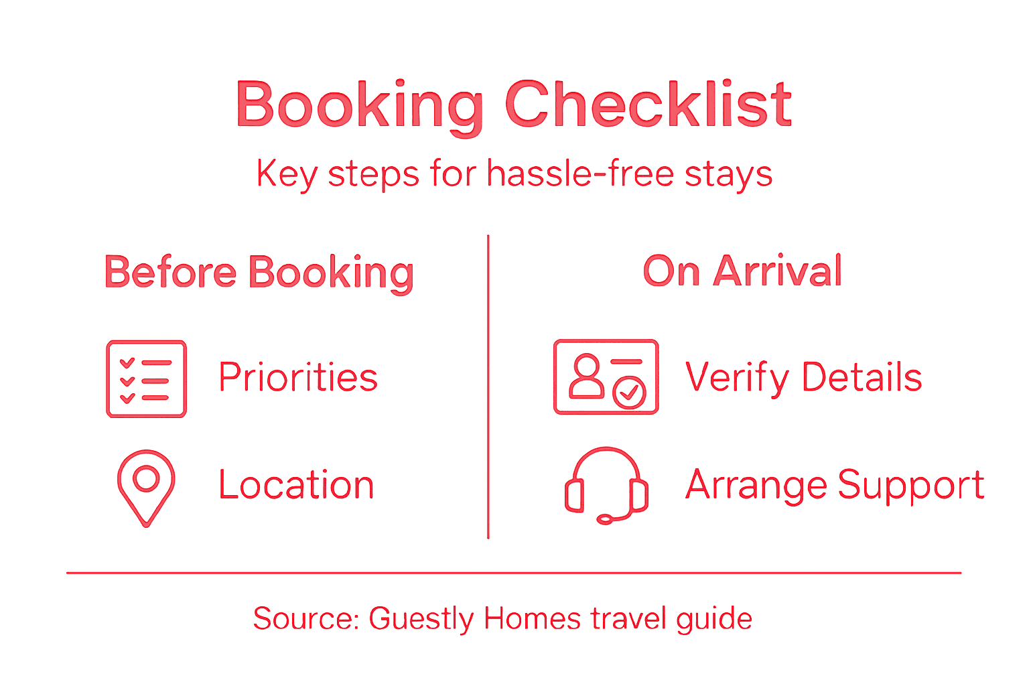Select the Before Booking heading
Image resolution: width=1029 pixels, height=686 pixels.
259,273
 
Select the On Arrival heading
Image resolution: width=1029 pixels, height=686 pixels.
742,271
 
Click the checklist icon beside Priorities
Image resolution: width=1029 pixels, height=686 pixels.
146,379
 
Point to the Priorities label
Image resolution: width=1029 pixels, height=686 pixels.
298,377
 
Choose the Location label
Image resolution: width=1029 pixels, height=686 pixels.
296,485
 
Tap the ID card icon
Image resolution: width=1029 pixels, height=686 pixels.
606,376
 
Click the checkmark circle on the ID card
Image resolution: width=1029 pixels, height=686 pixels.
629,392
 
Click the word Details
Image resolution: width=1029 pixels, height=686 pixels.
862,377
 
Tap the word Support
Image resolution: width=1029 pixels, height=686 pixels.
910,485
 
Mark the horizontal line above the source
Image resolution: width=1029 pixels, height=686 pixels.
514,573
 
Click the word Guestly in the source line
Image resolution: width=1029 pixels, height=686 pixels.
421,618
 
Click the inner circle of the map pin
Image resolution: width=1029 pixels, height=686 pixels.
146,478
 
